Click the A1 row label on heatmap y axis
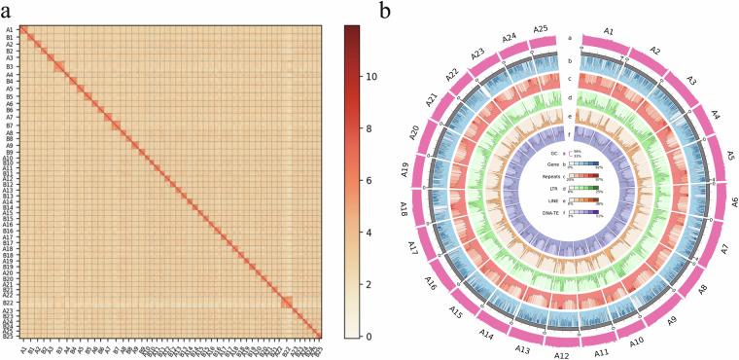point(9,30)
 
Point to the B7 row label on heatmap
point(9,126)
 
